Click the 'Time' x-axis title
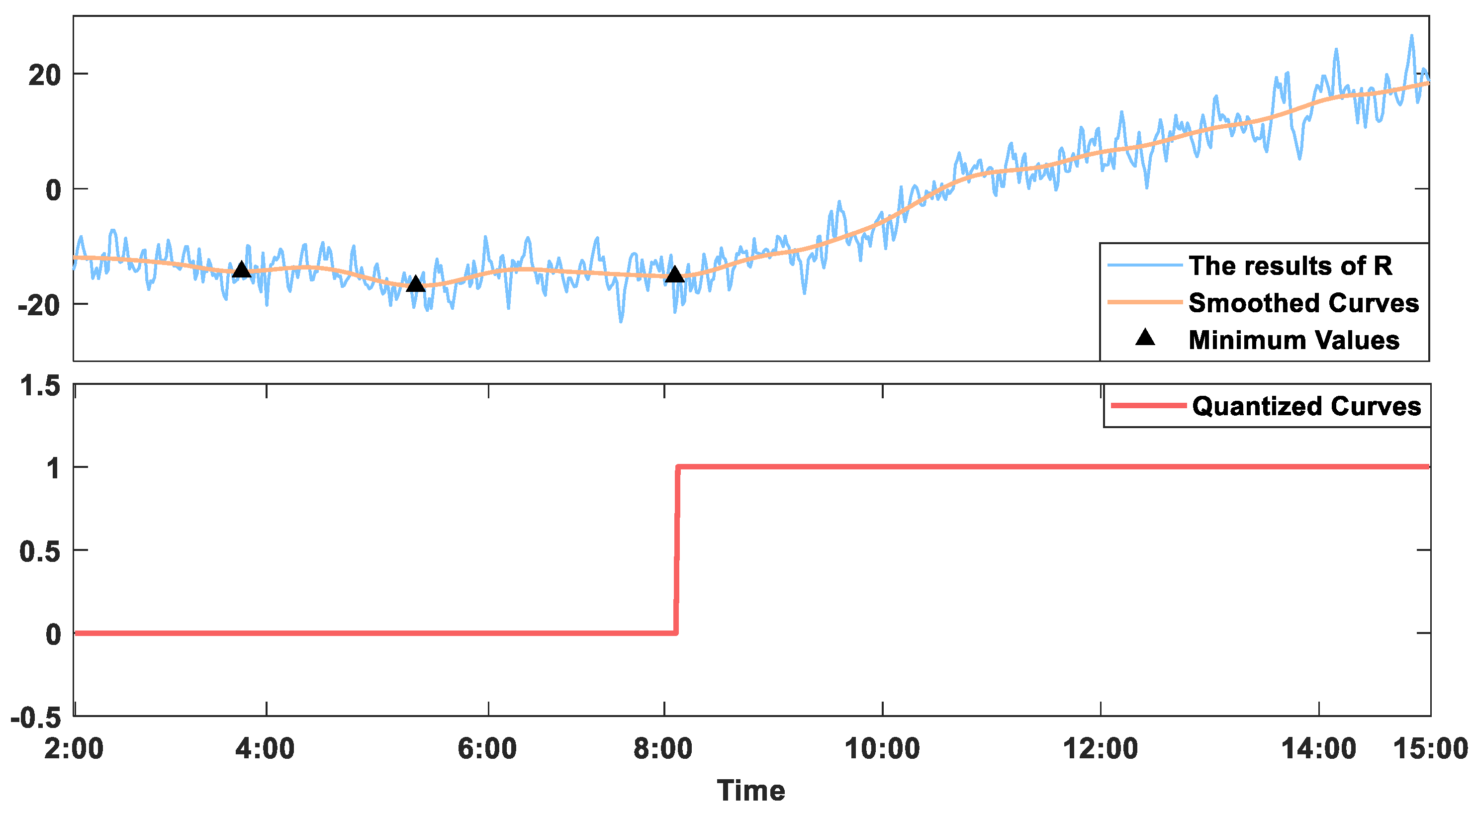(x=750, y=791)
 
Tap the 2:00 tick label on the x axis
(x=74, y=748)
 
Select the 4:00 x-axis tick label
(x=265, y=748)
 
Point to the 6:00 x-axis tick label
(x=487, y=748)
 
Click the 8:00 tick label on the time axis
(x=663, y=748)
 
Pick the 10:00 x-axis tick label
(x=882, y=748)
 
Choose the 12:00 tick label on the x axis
(x=1100, y=748)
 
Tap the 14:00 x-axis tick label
(x=1318, y=748)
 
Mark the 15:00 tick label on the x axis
(x=1430, y=748)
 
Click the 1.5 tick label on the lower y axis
(x=40, y=385)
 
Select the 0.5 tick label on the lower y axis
(x=40, y=551)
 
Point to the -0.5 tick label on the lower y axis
(x=35, y=717)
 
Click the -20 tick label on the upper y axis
(x=39, y=305)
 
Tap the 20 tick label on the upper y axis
(x=44, y=75)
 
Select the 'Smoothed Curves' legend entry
(x=1303, y=302)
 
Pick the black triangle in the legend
(x=1145, y=338)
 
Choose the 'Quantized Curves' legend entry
(x=1306, y=406)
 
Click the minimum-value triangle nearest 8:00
(x=675, y=275)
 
